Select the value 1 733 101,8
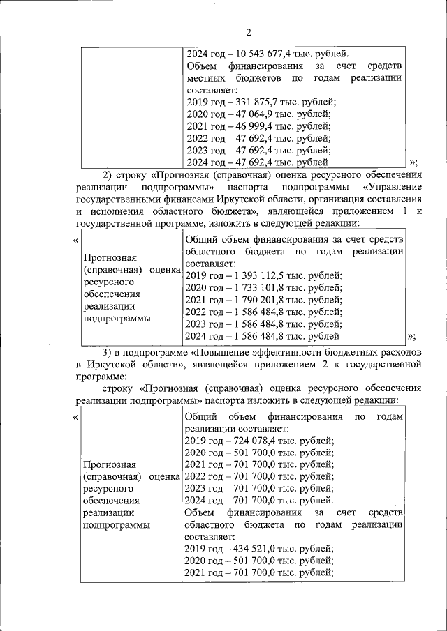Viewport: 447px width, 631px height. [x=266, y=289]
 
